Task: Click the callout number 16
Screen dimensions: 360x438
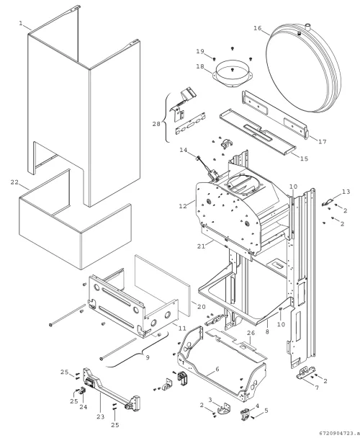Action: point(258,28)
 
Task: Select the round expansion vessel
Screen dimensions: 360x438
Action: point(303,68)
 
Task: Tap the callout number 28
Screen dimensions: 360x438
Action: point(156,124)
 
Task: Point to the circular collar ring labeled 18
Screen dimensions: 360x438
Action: point(233,75)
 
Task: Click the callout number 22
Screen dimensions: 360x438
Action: point(14,182)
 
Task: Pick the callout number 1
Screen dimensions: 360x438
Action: point(21,23)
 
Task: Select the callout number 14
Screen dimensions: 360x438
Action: point(183,150)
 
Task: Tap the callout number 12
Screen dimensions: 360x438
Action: point(183,206)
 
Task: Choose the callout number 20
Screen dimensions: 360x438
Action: point(202,307)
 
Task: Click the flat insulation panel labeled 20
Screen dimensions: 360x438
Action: point(163,284)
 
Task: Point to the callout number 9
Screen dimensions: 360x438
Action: point(148,357)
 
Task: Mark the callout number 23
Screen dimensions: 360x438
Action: point(101,417)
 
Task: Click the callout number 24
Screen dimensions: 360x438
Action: point(84,407)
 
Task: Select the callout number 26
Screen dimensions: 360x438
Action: point(251,333)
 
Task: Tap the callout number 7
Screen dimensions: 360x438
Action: point(317,388)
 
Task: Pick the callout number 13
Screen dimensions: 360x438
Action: point(346,192)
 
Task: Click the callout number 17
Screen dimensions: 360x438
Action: point(323,142)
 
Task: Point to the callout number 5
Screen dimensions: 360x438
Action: point(266,411)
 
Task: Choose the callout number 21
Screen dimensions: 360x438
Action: point(201,246)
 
